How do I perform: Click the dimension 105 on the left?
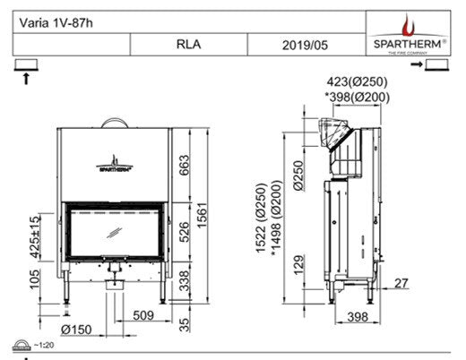[33, 285]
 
